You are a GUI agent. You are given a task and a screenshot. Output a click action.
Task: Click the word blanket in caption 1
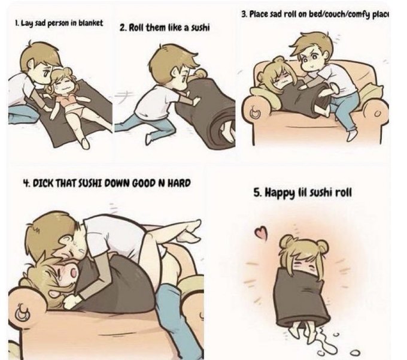click(90, 23)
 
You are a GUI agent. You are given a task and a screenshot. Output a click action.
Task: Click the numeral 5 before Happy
click(257, 193)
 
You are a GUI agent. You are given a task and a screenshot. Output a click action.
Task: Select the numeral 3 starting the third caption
click(244, 14)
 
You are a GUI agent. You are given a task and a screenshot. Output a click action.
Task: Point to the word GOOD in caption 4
click(144, 183)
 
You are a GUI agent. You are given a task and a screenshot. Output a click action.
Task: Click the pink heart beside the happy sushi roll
click(261, 232)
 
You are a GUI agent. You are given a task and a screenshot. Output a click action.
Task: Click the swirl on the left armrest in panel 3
click(256, 113)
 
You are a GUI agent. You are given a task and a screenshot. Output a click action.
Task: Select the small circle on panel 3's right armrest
click(378, 113)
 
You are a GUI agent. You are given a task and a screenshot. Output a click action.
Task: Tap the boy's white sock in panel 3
click(353, 135)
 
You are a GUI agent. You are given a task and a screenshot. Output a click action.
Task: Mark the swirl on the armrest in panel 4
click(23, 311)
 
